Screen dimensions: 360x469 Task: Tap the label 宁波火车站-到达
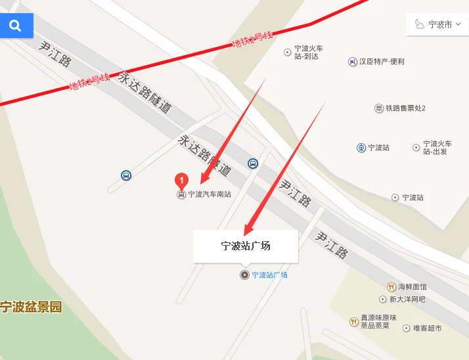[x=309, y=52]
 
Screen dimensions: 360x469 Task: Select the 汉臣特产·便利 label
[x=382, y=62]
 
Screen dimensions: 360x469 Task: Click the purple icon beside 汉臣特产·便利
[x=353, y=62]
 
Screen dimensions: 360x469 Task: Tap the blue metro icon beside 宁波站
[x=361, y=148]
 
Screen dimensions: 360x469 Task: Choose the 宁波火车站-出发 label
[x=437, y=147]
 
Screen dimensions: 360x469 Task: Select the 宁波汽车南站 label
[x=210, y=194]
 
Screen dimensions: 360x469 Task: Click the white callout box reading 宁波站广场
[x=246, y=246]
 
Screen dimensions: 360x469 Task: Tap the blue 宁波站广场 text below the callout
[x=270, y=275]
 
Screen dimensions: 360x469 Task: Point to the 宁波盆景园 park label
[x=31, y=307]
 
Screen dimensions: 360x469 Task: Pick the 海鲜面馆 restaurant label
[x=413, y=287]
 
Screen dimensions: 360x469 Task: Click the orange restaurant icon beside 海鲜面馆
[x=391, y=287]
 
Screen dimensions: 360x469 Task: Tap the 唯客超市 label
[x=428, y=328]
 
